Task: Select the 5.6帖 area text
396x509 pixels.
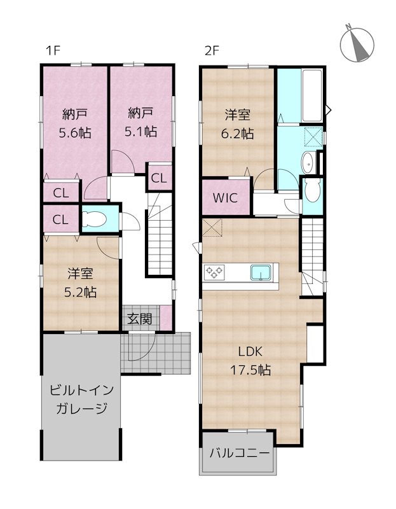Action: click(x=75, y=133)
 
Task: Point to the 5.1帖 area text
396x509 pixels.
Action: click(x=140, y=132)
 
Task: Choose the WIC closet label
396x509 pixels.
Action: click(x=226, y=197)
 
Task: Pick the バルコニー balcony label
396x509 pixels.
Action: click(x=238, y=453)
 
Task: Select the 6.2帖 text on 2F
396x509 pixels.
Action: click(x=238, y=134)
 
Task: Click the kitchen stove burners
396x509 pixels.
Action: click(x=214, y=272)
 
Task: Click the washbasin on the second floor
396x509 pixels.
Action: click(x=306, y=163)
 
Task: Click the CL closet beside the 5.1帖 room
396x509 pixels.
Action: click(x=158, y=178)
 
